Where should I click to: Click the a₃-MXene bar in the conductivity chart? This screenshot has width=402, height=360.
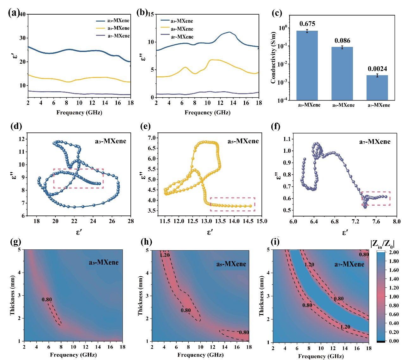tap(307, 65)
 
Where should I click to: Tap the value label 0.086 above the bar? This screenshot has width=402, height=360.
tap(342, 41)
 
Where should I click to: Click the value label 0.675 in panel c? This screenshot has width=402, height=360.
tap(307, 24)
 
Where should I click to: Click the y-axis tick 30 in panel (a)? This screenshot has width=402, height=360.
tap(22, 38)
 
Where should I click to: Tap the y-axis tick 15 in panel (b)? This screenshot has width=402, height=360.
tap(151, 14)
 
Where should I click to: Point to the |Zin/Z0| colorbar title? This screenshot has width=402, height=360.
tap(382, 243)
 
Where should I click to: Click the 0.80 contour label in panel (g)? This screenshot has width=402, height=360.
tap(47, 299)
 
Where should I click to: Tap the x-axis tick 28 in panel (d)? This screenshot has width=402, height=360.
tap(131, 221)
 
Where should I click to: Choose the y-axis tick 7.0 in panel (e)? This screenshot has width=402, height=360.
tap(152, 138)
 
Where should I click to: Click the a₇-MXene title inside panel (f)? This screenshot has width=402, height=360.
tap(375, 142)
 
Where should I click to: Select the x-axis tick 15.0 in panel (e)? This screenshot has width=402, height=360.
tap(261, 221)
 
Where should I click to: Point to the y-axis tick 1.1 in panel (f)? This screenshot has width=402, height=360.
tap(287, 139)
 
